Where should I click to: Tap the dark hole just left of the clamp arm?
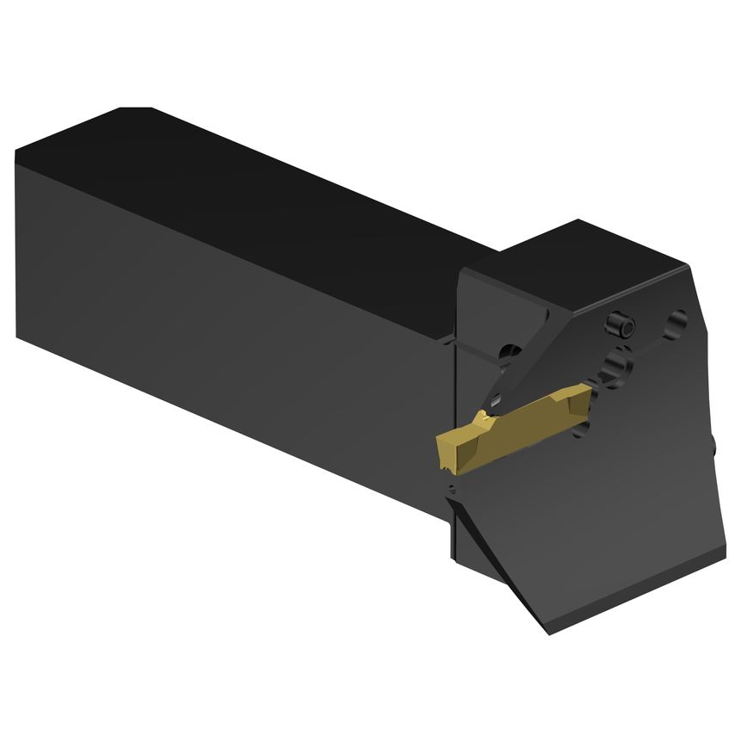coord(510,352)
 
